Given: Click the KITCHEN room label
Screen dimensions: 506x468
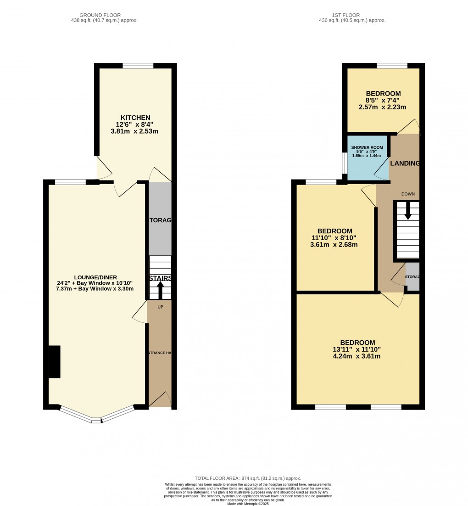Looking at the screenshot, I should (x=135, y=118).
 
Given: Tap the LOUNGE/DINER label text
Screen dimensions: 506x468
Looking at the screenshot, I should (x=96, y=277).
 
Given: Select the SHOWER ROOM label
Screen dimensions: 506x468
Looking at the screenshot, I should (x=367, y=147).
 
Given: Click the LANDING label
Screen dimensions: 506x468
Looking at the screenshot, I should (x=405, y=163).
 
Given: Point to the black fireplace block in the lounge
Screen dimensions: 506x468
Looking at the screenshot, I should (x=54, y=362).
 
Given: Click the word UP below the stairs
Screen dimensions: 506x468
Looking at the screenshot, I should (x=160, y=306).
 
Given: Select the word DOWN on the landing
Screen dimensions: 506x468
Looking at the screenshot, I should (x=408, y=194).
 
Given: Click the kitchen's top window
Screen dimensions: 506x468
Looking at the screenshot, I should (x=138, y=66).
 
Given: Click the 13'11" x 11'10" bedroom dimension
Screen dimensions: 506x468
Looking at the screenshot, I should (x=357, y=349).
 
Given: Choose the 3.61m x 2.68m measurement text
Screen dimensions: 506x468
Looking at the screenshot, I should (x=334, y=245).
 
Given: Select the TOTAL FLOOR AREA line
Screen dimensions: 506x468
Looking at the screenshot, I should (x=248, y=478).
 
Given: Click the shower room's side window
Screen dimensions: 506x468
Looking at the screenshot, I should (x=345, y=163).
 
